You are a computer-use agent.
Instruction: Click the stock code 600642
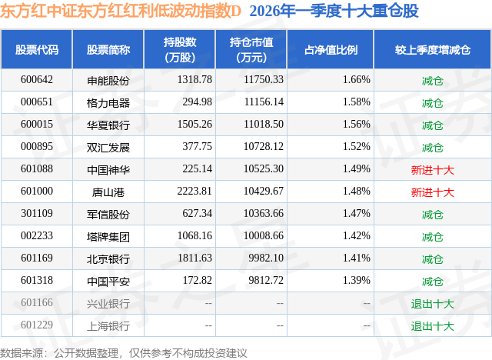[37, 80]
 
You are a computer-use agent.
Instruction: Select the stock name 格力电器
[108, 102]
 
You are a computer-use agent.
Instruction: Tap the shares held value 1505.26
[194, 125]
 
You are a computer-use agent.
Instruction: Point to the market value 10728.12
[264, 147]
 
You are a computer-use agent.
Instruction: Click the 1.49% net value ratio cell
[357, 169]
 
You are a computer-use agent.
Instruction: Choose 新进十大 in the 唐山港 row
[432, 192]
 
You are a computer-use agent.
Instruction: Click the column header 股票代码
[37, 49]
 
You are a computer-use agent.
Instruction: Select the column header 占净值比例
[331, 49]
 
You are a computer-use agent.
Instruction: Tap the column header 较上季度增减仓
[432, 49]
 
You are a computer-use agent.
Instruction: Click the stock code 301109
[37, 213]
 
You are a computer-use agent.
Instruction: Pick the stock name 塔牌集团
[108, 236]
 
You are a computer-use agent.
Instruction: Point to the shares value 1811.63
[194, 258]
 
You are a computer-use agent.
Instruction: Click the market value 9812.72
[266, 280]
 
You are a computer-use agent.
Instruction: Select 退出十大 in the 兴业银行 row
[432, 303]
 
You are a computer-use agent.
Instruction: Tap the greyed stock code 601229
[37, 325]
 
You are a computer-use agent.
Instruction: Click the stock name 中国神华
[108, 169]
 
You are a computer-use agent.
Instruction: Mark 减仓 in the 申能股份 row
[432, 80]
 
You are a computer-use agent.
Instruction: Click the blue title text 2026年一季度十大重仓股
[334, 11]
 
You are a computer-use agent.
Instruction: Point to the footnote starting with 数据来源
[123, 353]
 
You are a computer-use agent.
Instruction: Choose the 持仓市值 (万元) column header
[251, 49]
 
